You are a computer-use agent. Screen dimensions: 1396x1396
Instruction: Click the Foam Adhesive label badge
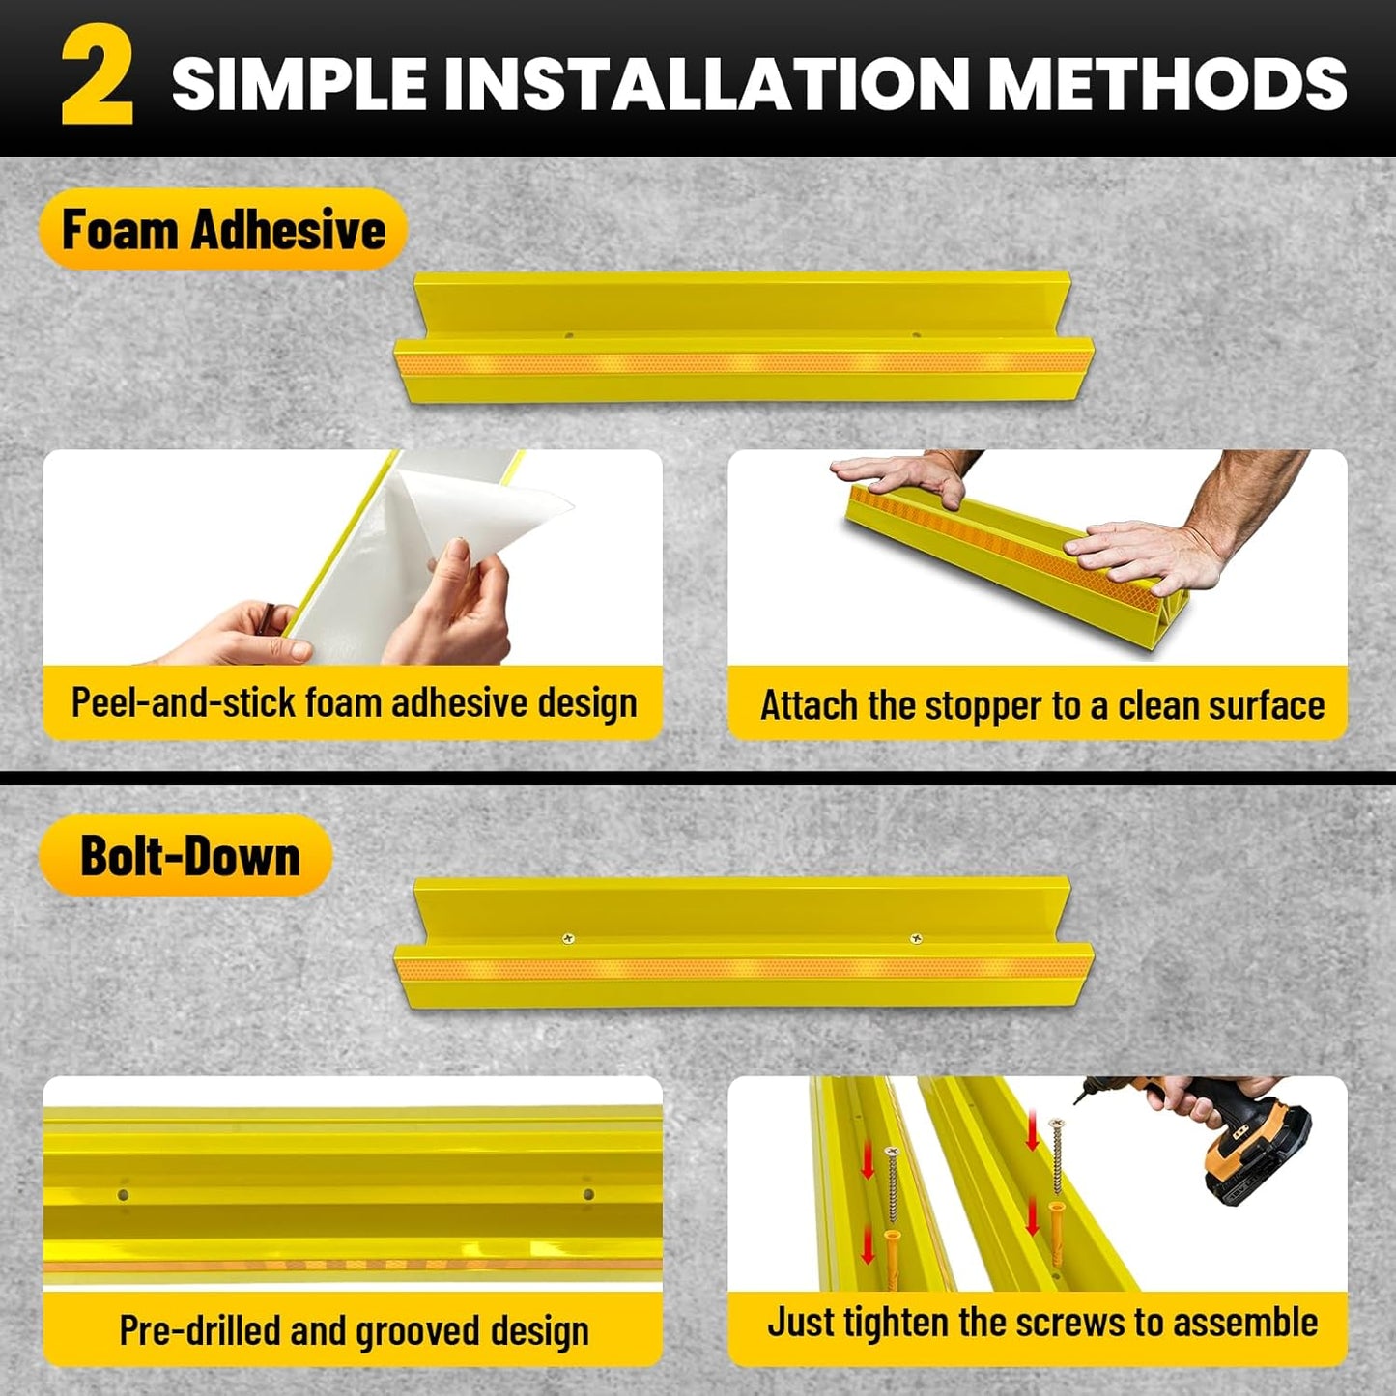point(223,230)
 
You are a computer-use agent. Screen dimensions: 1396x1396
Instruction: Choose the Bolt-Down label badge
point(186,856)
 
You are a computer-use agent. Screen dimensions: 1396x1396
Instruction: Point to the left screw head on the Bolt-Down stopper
point(568,938)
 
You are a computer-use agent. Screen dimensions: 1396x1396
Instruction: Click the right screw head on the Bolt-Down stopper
point(915,938)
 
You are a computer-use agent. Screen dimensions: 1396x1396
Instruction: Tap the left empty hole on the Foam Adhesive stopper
point(568,336)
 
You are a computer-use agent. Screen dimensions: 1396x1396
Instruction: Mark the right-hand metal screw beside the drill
point(1056,1154)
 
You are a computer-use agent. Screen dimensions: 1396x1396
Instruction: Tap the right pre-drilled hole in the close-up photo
point(587,1194)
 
